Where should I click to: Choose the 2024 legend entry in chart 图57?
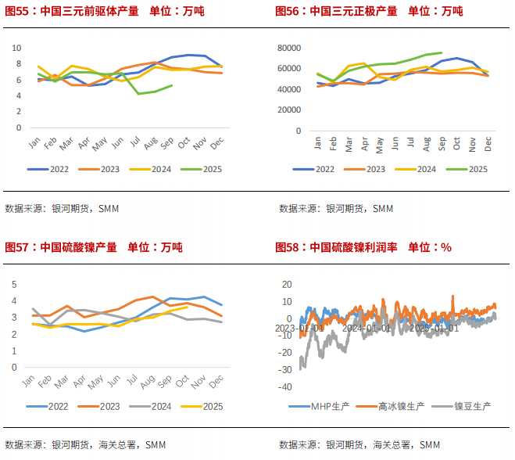point(156,406)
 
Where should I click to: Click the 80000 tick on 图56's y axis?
point(290,48)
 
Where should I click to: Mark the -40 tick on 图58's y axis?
point(285,386)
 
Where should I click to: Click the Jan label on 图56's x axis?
point(317,144)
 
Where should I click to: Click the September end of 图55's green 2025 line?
point(172,85)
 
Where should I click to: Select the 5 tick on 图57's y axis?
point(13,284)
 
